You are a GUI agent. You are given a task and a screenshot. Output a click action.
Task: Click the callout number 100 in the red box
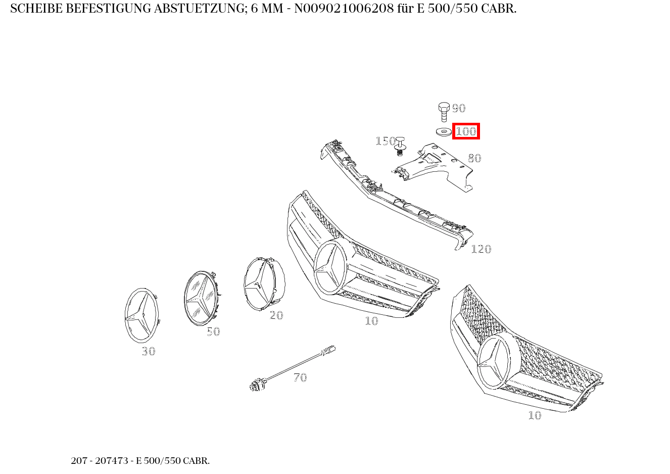click(x=466, y=131)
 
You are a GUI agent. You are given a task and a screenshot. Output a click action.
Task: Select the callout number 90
click(x=458, y=108)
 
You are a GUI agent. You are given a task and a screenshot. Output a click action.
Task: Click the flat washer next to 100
click(x=444, y=132)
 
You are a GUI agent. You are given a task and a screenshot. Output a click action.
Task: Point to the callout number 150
click(x=385, y=141)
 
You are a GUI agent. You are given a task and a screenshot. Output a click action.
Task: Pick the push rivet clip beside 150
click(x=400, y=145)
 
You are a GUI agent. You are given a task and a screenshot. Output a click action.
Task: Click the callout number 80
click(x=474, y=158)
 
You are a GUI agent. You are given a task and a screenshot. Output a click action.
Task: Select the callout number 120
click(x=481, y=249)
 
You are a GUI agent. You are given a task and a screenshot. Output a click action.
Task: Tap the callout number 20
click(x=276, y=315)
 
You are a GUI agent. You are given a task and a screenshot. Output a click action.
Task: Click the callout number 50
click(x=213, y=331)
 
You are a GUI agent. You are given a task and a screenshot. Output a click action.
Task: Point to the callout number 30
click(x=149, y=351)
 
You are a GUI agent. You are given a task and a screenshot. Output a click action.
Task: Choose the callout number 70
click(x=300, y=377)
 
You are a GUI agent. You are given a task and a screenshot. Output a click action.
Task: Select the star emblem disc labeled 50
click(x=201, y=298)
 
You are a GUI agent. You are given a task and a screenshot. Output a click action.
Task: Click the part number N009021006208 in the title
click(x=336, y=9)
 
